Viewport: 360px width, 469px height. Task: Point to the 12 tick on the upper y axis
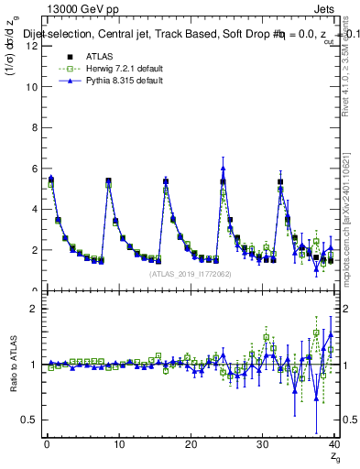[x=34, y=46]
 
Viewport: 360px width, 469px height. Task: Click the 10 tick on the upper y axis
[x=34, y=87]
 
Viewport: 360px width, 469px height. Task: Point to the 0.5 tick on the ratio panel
[x=32, y=420]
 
